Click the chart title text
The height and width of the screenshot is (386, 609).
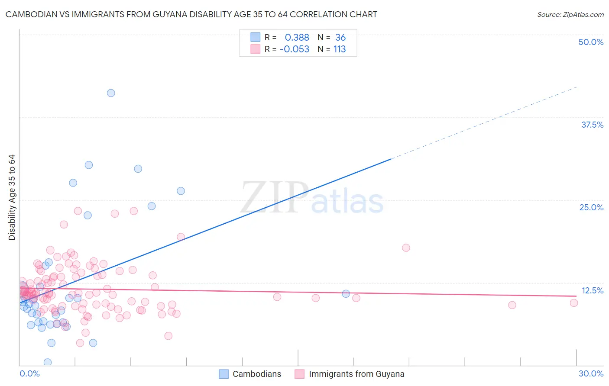point(191,14)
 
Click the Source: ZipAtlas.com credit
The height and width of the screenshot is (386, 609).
point(570,14)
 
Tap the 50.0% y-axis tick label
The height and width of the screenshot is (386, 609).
point(591,42)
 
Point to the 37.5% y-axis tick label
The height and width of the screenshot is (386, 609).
point(592,125)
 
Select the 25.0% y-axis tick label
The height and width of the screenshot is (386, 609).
point(591,207)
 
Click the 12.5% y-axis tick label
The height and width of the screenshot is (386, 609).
point(592,290)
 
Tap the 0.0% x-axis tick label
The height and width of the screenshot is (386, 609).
point(29,373)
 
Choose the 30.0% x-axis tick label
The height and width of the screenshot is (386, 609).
point(591,373)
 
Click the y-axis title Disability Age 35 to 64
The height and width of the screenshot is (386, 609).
point(12,197)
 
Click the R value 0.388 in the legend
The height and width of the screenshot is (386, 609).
point(297,38)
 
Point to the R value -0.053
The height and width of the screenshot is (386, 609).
point(295,49)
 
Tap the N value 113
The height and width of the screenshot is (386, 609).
point(340,49)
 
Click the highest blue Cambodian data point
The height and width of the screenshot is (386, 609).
point(111,93)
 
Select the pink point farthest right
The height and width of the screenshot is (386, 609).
point(574,303)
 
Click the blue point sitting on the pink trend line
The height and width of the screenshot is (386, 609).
point(346,294)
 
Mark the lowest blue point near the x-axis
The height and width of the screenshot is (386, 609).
point(48,362)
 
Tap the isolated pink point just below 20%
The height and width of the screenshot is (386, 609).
point(406,248)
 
